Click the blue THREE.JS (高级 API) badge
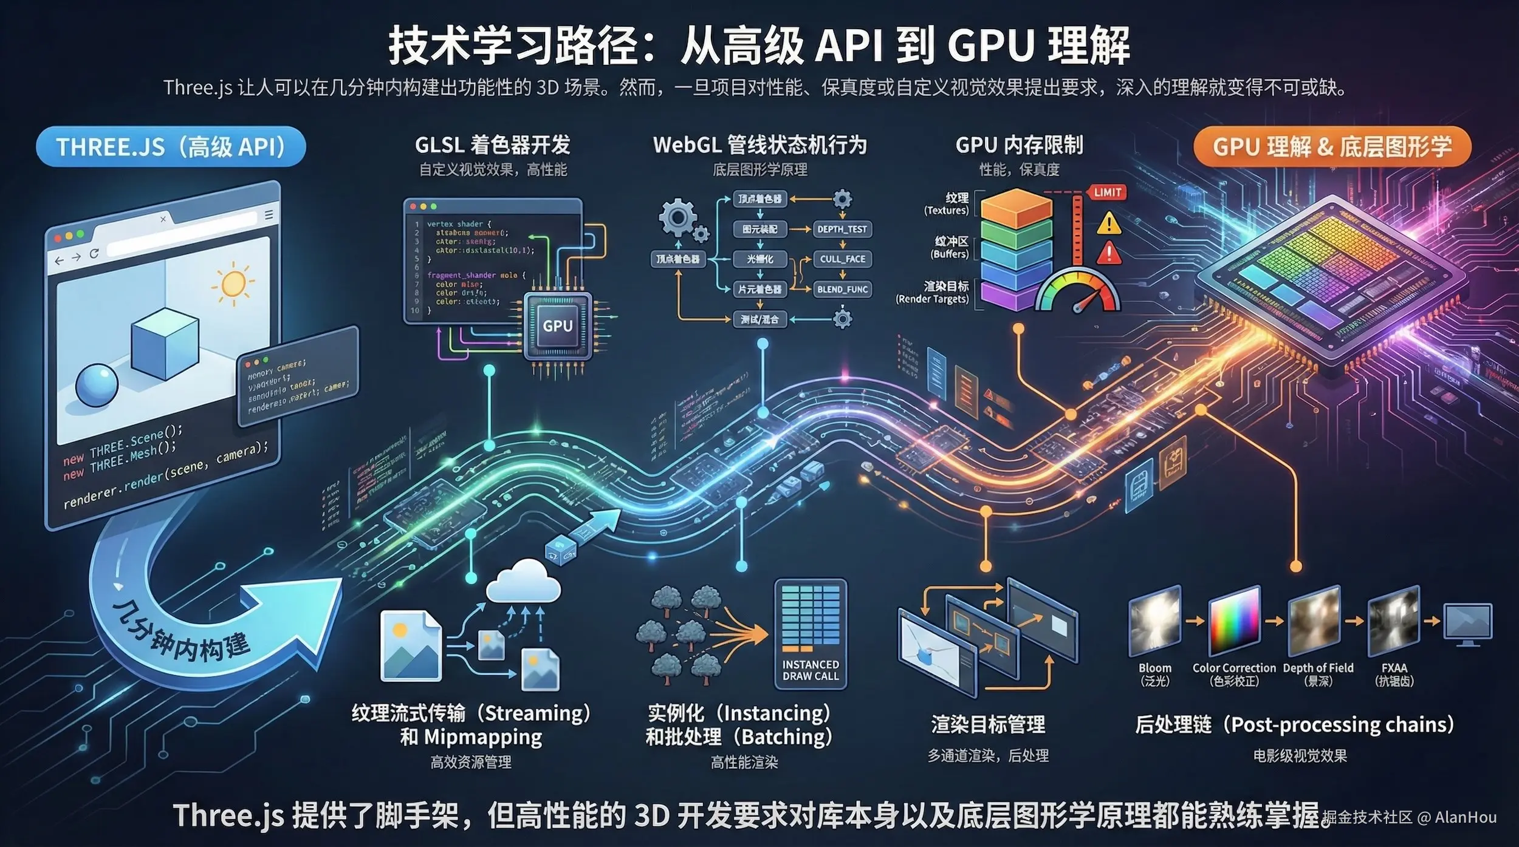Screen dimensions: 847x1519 click(x=171, y=147)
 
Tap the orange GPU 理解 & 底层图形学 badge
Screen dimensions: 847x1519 click(x=1332, y=147)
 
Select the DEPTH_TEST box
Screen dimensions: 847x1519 click(x=842, y=229)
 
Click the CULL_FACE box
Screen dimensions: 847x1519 click(x=842, y=259)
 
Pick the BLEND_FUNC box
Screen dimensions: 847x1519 click(x=842, y=289)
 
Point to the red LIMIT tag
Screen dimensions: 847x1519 click(x=1107, y=192)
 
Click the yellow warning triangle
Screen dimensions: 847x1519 click(x=1109, y=223)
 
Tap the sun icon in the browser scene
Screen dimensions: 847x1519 click(x=233, y=284)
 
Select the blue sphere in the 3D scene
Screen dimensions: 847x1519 click(x=97, y=385)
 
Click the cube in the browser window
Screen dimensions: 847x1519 click(x=164, y=343)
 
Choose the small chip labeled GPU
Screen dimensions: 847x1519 click(x=557, y=326)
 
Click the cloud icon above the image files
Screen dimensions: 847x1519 click(x=523, y=582)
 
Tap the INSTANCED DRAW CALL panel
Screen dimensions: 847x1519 click(x=810, y=633)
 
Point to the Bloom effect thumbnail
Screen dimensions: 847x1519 click(x=1154, y=621)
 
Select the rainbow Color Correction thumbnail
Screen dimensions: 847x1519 click(x=1234, y=621)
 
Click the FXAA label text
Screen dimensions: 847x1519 click(x=1394, y=668)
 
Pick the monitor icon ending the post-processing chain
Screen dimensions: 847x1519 click(x=1467, y=622)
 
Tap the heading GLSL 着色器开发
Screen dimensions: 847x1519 click(x=492, y=145)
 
